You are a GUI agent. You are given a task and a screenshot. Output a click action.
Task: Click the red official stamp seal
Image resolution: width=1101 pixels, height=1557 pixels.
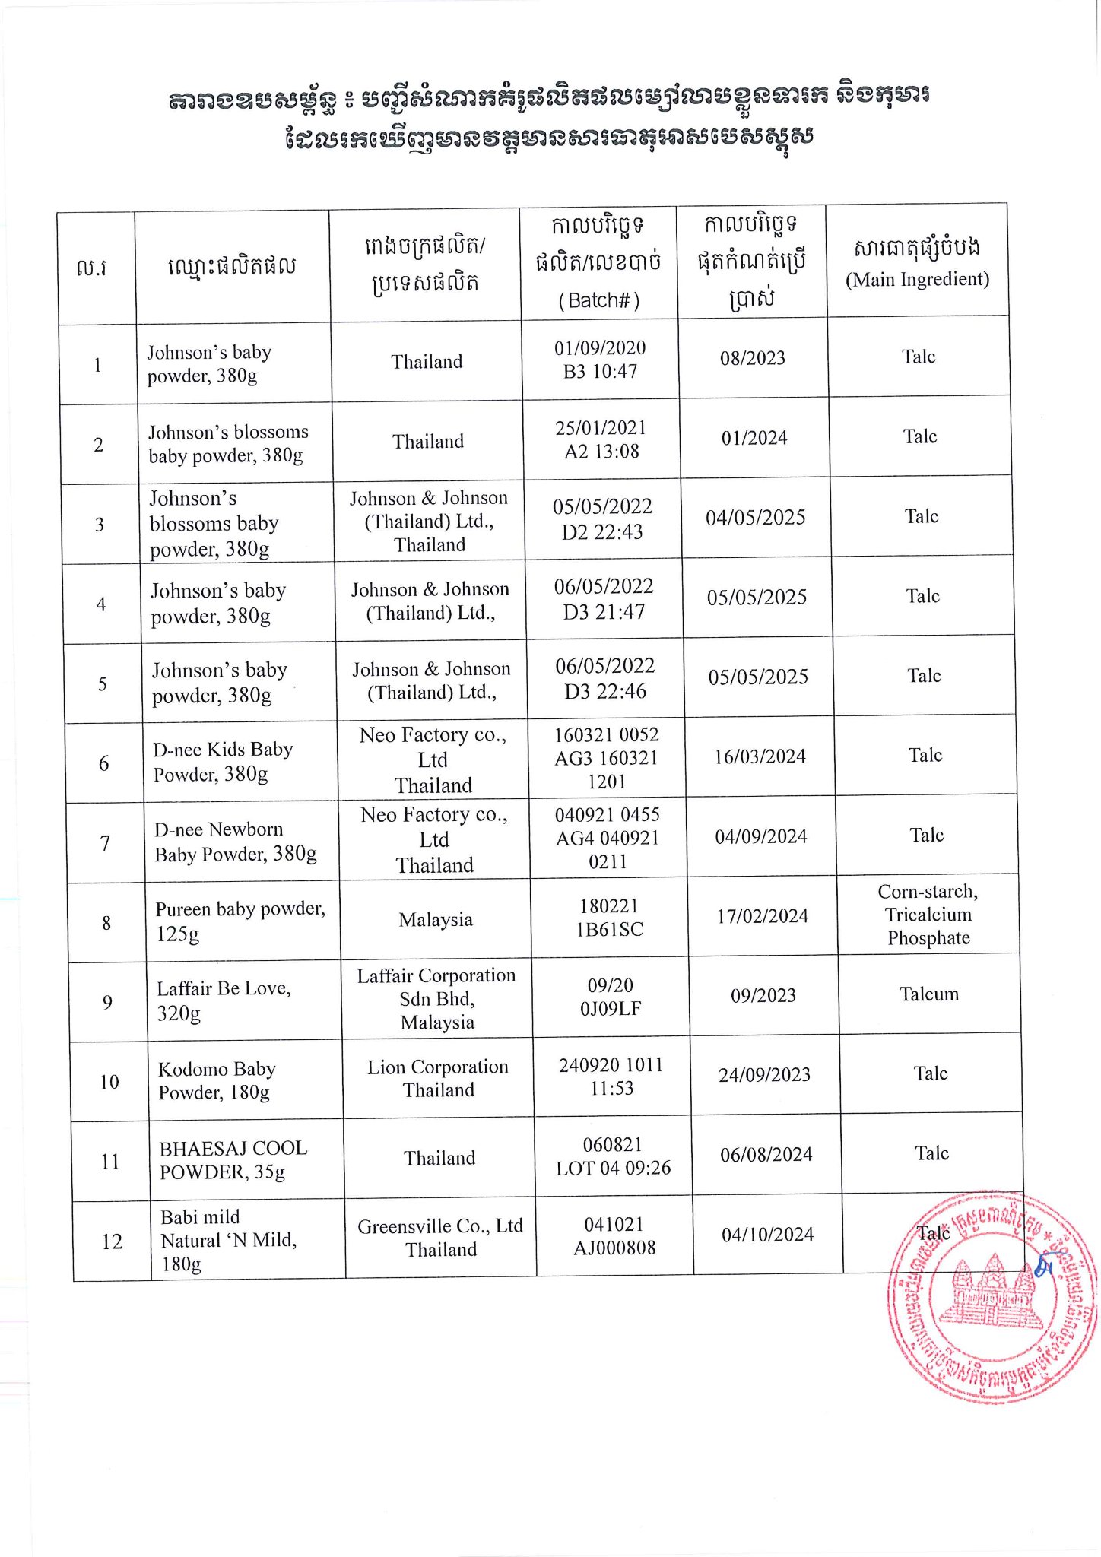pyautogui.click(x=992, y=1297)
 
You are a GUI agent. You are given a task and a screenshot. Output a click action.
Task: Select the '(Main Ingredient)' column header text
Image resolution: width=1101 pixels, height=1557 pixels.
pyautogui.click(x=917, y=280)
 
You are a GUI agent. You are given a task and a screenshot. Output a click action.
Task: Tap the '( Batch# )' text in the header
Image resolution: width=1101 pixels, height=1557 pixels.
pyautogui.click(x=599, y=300)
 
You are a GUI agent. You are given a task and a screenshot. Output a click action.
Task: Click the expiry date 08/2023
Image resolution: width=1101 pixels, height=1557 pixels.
pyautogui.click(x=753, y=358)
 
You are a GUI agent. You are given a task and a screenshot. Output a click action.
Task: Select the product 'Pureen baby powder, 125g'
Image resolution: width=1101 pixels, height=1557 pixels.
pyautogui.click(x=240, y=921)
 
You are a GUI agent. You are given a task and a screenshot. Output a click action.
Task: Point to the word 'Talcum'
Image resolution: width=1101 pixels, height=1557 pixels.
pyautogui.click(x=929, y=994)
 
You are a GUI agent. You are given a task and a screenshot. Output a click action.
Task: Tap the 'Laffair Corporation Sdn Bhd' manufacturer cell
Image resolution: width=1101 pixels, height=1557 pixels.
pyautogui.click(x=436, y=998)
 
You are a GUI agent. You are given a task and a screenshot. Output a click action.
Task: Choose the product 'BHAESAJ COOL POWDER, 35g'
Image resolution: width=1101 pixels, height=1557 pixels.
pyautogui.click(x=233, y=1159)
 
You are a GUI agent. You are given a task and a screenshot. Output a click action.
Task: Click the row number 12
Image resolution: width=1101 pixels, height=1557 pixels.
pyautogui.click(x=112, y=1241)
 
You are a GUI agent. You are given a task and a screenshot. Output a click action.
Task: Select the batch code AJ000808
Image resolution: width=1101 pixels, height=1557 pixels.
pyautogui.click(x=614, y=1248)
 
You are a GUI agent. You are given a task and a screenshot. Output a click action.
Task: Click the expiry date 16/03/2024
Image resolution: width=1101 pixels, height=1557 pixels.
pyautogui.click(x=760, y=756)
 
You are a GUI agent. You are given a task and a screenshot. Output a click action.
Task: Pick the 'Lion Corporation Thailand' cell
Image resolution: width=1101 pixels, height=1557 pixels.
pyautogui.click(x=438, y=1078)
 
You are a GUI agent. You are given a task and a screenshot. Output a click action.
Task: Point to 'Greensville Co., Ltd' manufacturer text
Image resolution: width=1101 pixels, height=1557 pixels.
pyautogui.click(x=440, y=1226)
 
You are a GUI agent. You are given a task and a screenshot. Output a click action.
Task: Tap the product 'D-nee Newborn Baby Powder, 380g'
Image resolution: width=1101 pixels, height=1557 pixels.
pyautogui.click(x=235, y=842)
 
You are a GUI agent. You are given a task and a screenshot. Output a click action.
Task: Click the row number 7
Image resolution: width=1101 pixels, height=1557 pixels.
pyautogui.click(x=105, y=843)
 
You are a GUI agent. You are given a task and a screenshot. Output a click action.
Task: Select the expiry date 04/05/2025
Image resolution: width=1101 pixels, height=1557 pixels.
pyautogui.click(x=755, y=518)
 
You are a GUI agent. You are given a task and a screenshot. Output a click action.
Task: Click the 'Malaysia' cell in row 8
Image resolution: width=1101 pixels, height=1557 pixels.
pyautogui.click(x=436, y=920)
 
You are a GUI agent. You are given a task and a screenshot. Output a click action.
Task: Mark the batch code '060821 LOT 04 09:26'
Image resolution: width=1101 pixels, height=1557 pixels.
pyautogui.click(x=613, y=1156)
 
